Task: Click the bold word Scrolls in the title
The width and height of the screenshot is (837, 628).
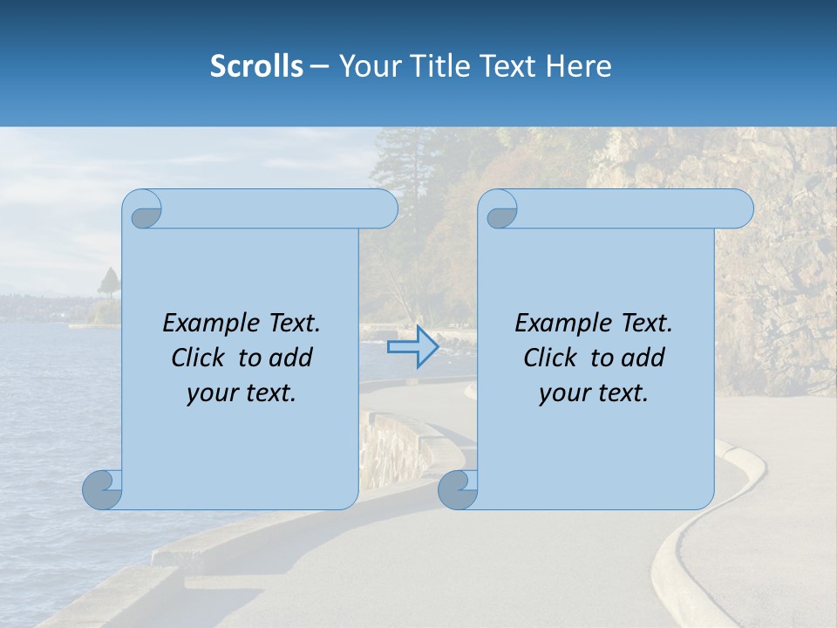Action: (x=256, y=66)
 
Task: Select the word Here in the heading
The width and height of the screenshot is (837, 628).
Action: (x=578, y=66)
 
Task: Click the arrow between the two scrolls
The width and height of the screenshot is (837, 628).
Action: (x=412, y=347)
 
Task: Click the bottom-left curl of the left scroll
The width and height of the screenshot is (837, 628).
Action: (x=103, y=489)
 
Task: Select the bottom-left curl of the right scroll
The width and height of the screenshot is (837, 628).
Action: (x=458, y=489)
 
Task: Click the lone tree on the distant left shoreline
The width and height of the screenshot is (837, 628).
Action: (x=109, y=283)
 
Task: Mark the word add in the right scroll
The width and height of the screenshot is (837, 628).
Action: (x=643, y=358)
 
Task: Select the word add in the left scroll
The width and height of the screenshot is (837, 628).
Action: (x=291, y=358)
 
